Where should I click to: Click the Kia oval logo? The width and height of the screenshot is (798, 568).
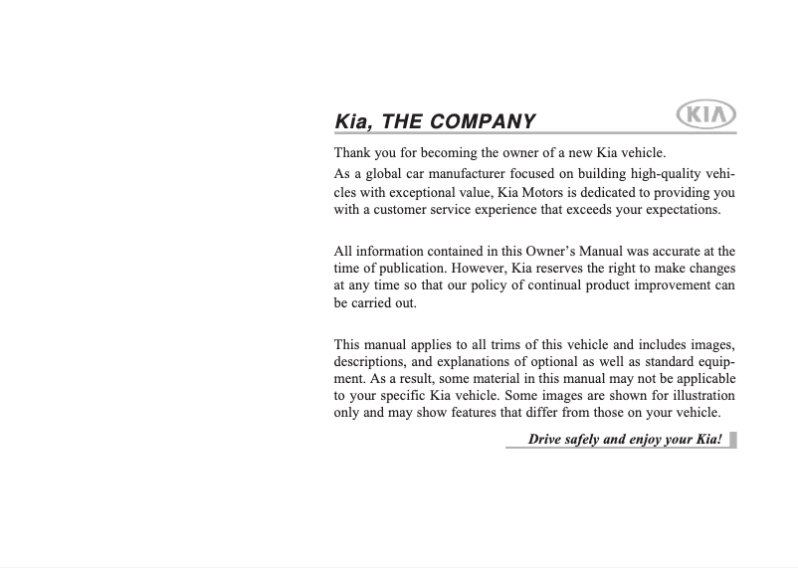(x=705, y=115)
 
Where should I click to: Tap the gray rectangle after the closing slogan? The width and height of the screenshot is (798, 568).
(x=732, y=439)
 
